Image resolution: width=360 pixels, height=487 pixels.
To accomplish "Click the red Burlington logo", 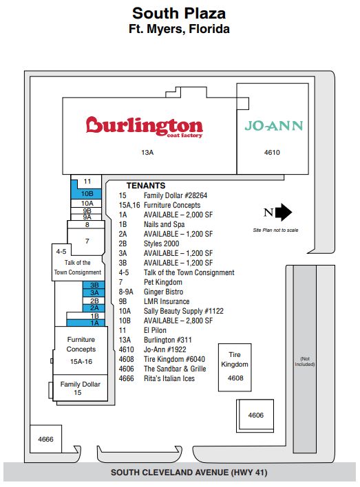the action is (x=145, y=127).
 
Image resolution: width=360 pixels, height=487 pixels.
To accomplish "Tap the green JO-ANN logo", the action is (x=273, y=126).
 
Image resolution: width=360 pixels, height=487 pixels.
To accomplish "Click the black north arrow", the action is (x=284, y=213).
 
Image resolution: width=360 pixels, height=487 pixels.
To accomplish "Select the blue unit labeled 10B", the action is (x=87, y=193).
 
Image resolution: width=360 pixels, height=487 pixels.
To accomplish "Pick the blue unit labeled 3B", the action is (x=94, y=285).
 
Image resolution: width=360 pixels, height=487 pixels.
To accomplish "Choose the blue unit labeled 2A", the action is (x=94, y=307).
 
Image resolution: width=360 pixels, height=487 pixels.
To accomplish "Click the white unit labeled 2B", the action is (x=94, y=301).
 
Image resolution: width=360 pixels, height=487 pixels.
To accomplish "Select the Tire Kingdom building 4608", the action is (x=235, y=367).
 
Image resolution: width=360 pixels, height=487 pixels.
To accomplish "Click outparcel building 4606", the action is (x=255, y=415).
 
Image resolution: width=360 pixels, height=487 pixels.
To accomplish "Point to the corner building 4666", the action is (x=45, y=439).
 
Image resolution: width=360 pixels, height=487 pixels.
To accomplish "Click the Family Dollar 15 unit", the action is (x=81, y=388).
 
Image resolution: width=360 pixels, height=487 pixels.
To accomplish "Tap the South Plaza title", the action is (x=179, y=14).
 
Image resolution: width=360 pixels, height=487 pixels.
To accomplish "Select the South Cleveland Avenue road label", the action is (x=189, y=473).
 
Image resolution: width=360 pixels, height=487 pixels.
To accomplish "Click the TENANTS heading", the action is (x=146, y=186).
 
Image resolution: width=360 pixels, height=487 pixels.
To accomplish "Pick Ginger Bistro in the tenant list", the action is (x=164, y=292).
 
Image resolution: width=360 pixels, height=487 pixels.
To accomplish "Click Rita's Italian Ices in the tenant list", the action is (x=169, y=378).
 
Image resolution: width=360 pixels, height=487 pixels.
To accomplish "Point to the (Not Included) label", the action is (x=305, y=362).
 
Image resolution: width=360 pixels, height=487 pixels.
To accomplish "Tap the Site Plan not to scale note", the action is (x=275, y=230).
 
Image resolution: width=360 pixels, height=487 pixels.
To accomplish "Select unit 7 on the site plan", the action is (x=86, y=241).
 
